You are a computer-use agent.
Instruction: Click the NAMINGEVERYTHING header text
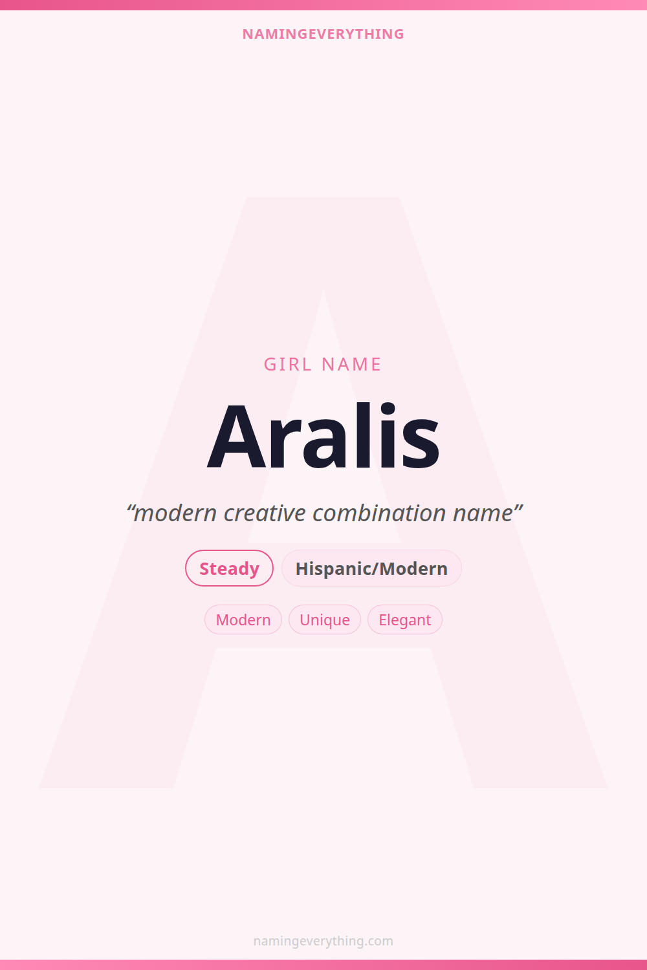(x=323, y=34)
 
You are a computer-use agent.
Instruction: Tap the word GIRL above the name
(x=288, y=365)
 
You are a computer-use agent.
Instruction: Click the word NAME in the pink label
(x=351, y=365)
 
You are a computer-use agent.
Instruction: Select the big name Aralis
(x=323, y=436)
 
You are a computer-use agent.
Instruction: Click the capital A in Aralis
(x=236, y=436)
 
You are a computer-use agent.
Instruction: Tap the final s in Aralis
(x=421, y=446)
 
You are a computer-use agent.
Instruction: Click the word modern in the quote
(x=175, y=513)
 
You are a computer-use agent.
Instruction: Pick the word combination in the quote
(x=379, y=513)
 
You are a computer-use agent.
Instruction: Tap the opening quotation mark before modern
(x=129, y=508)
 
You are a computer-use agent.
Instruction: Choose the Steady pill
(x=229, y=568)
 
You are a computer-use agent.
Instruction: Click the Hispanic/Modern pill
(x=371, y=568)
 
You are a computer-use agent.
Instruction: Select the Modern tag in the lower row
(x=243, y=620)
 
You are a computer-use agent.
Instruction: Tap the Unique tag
(x=325, y=620)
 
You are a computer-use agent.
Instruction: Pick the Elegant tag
(x=405, y=620)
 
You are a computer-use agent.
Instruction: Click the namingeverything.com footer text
(x=323, y=941)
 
